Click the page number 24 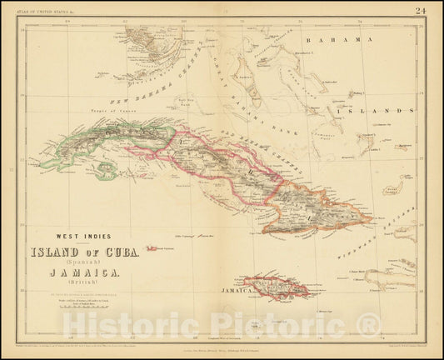(x=425, y=11)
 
